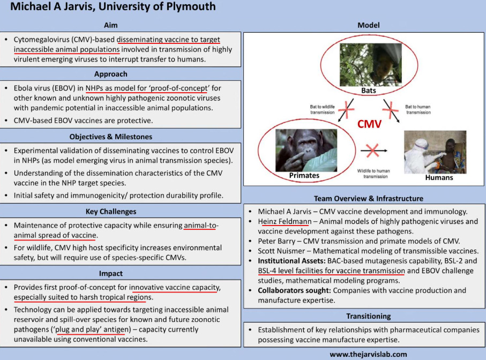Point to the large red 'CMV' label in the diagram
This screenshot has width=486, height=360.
click(x=370, y=124)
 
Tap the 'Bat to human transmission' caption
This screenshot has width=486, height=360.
click(x=417, y=110)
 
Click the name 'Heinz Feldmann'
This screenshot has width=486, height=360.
click(x=284, y=221)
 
